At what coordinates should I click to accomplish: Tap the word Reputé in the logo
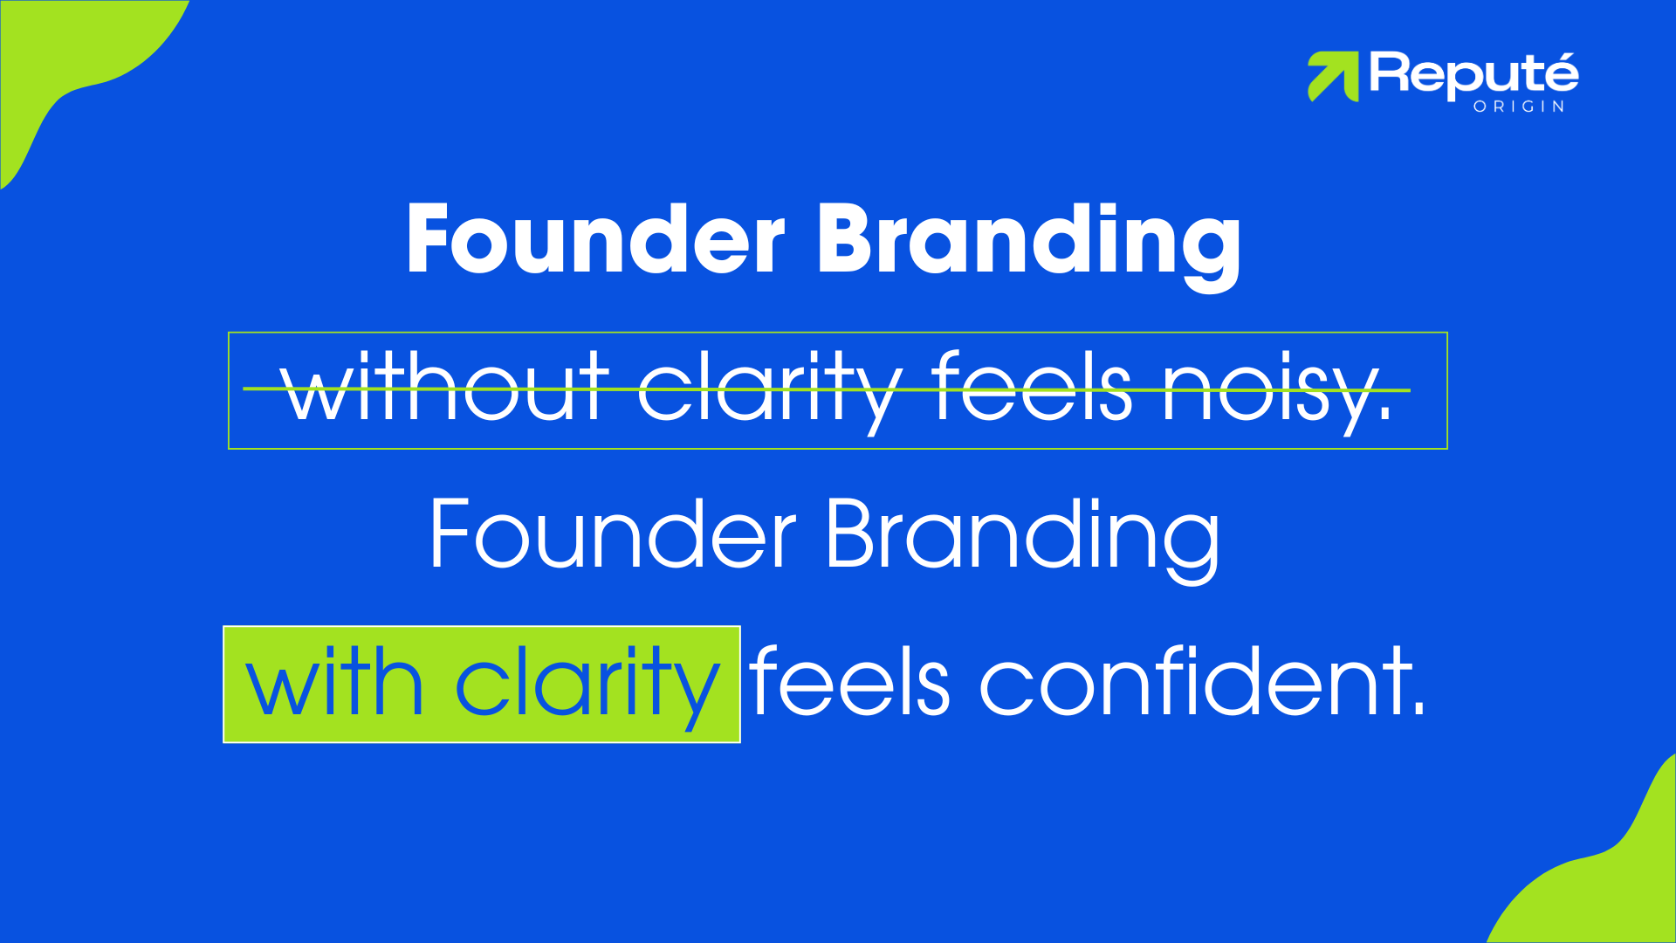1473,75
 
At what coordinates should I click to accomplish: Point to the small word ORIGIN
1519,107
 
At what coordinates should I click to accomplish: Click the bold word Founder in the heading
595,239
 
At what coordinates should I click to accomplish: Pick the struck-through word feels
1032,386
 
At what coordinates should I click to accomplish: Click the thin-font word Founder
612,534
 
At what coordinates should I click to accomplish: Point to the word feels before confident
849,683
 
